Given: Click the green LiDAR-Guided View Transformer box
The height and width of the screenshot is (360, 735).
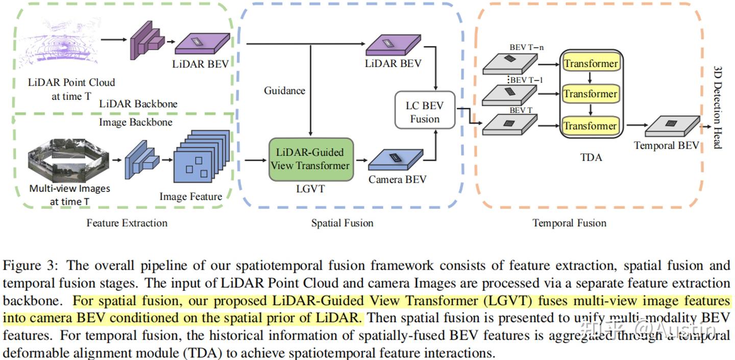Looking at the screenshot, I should point(311,158).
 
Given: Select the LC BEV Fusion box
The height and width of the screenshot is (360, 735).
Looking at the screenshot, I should point(425,112).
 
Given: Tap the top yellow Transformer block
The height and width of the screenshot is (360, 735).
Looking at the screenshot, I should point(590,64).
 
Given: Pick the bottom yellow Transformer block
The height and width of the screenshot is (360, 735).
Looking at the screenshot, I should point(590,126).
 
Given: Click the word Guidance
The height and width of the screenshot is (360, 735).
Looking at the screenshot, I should point(284,91).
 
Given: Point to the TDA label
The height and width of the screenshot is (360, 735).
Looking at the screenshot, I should point(591,157).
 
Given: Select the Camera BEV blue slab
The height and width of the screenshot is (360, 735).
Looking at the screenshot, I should point(396,159).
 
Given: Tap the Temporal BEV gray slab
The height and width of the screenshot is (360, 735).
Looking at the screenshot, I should point(671,125).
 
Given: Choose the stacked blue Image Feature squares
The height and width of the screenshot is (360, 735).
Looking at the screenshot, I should point(200,156).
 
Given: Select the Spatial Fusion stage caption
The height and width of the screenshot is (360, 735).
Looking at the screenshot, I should point(342,223).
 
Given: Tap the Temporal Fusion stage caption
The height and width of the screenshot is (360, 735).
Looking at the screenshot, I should point(569,223).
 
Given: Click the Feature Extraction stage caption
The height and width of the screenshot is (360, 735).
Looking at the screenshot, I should point(127,223).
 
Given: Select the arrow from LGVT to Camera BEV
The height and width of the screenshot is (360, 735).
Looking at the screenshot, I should point(361,160).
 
